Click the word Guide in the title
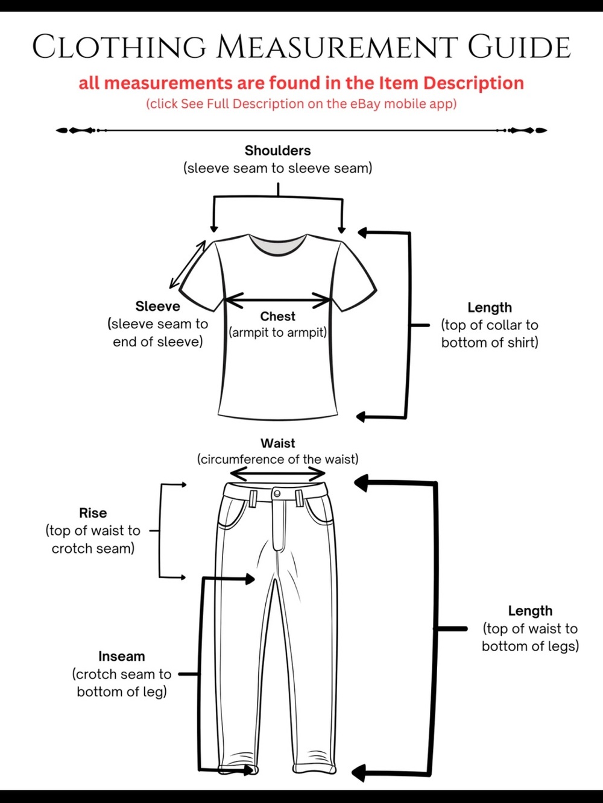coord(520,46)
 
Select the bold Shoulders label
coord(277,151)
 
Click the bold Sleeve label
coord(158,306)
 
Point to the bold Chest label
coord(277,316)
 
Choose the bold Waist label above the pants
coord(277,443)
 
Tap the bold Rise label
coord(93,513)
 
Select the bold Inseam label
coord(122,656)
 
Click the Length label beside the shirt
coord(490,307)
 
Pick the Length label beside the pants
coord(530,611)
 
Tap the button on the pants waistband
coord(277,493)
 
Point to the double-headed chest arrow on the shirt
coord(277,300)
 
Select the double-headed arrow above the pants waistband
coord(277,473)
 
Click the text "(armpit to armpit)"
coord(277,333)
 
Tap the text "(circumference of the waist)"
coord(277,459)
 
